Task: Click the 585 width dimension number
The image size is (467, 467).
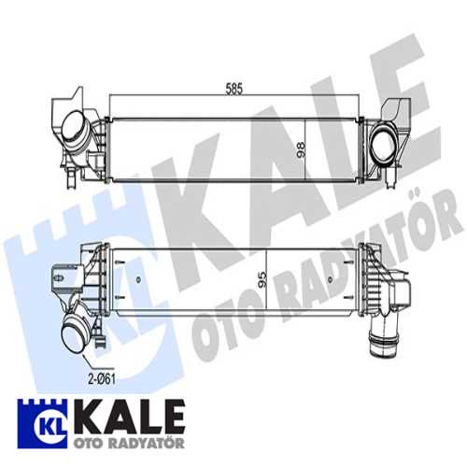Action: click(233, 89)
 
